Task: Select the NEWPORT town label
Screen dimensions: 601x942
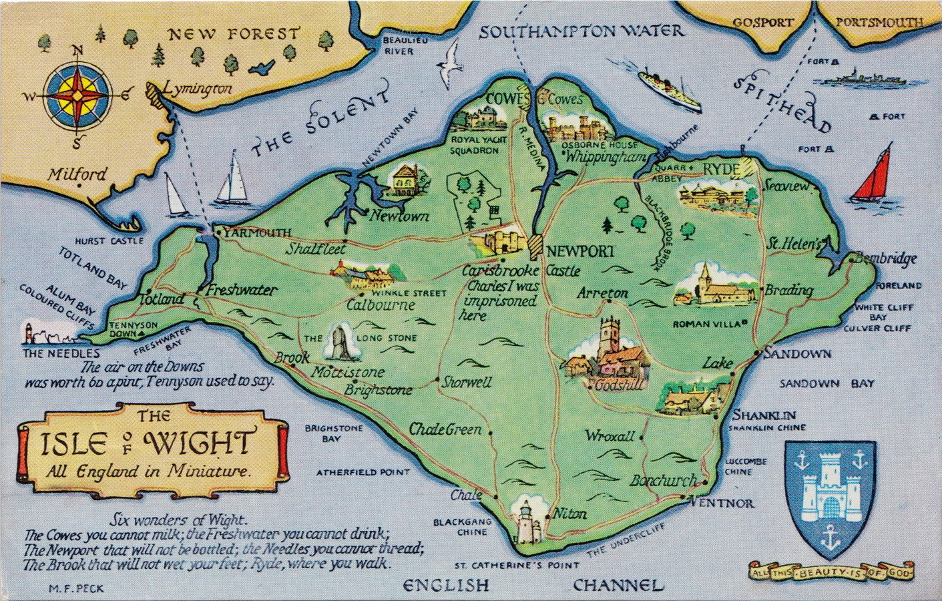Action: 579,252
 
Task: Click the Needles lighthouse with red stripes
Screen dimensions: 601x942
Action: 29,333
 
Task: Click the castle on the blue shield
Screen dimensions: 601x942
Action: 831,491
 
